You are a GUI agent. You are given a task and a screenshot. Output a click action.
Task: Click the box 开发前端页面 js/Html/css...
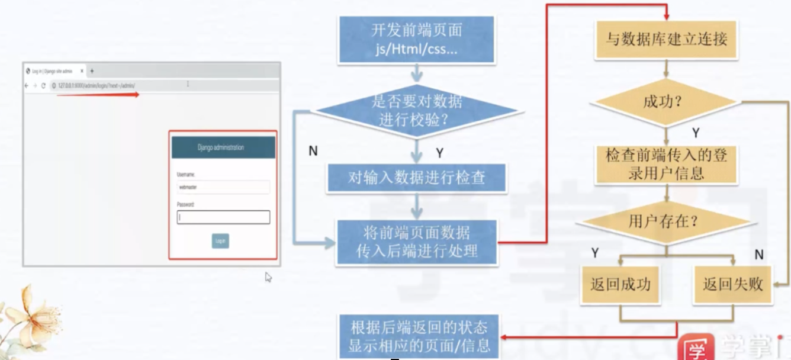tap(417, 39)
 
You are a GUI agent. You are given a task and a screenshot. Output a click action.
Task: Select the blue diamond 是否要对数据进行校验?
tap(417, 110)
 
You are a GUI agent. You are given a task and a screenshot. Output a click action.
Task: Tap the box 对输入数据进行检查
tap(417, 178)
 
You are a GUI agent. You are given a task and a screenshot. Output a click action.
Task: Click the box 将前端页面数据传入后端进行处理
tap(417, 242)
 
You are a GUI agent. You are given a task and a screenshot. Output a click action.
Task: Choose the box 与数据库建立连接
tap(666, 40)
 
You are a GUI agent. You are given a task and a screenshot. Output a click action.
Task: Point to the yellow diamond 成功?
tap(665, 102)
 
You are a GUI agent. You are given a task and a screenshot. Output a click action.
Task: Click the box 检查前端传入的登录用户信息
tap(666, 165)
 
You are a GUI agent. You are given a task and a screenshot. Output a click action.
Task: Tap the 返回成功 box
tap(620, 284)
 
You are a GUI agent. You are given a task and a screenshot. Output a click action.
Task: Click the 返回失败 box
tap(732, 284)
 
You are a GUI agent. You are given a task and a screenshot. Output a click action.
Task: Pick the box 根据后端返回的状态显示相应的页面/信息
tap(419, 336)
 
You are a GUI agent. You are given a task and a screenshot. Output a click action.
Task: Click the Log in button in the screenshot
tap(220, 241)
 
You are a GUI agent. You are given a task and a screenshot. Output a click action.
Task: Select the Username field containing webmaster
tap(223, 187)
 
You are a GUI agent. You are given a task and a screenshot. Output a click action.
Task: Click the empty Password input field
tap(223, 217)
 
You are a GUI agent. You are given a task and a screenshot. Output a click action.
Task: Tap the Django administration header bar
tap(223, 147)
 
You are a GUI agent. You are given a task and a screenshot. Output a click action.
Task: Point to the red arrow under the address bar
tap(98, 94)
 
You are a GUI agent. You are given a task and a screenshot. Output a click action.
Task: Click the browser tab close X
tap(82, 71)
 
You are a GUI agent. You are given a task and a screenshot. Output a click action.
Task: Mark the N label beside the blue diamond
tap(313, 151)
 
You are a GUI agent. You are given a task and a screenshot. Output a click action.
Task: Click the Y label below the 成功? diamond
tap(696, 133)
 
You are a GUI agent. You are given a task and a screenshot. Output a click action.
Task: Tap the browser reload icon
tap(43, 86)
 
